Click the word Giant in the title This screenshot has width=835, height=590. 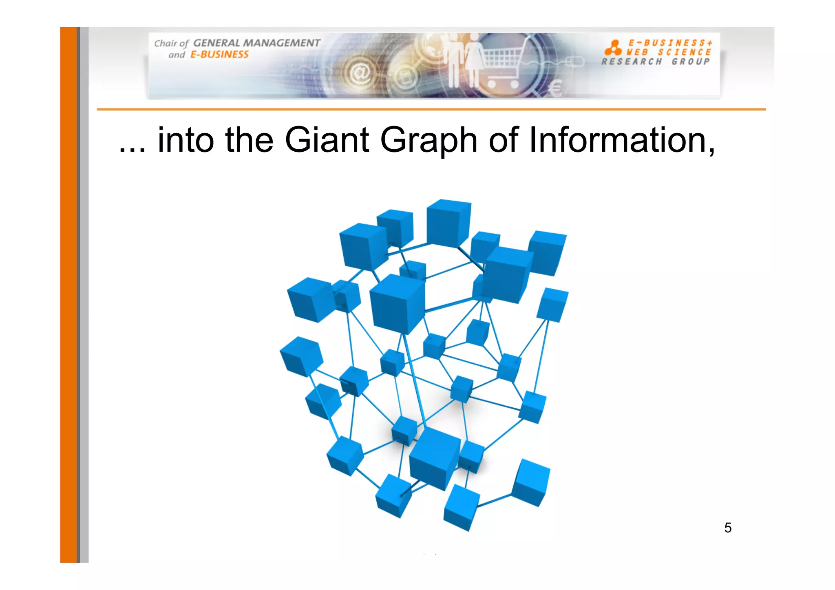click(x=327, y=140)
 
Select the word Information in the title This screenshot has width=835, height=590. click(x=621, y=140)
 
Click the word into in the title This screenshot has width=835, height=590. click(x=186, y=140)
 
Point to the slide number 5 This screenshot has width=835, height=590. click(x=728, y=528)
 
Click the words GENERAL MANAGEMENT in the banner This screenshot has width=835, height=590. click(x=256, y=43)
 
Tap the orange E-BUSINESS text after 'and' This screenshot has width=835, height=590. click(x=219, y=55)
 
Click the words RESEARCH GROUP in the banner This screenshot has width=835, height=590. click(x=656, y=62)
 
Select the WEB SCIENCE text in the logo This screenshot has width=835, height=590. click(x=669, y=52)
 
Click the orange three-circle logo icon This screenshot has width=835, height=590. click(x=613, y=48)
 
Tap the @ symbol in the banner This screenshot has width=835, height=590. click(x=360, y=73)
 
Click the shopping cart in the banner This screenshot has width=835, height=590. click(x=504, y=67)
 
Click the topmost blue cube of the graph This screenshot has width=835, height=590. click(x=448, y=222)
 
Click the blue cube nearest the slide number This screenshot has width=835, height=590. click(x=530, y=482)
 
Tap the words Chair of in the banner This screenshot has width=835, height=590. click(x=171, y=43)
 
